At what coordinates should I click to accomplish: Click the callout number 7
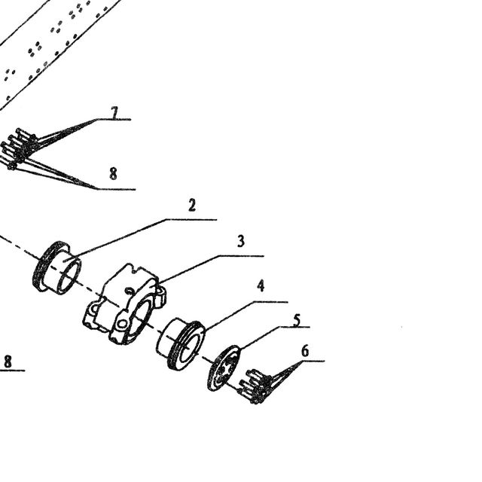coord(114,112)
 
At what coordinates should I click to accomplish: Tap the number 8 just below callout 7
coord(113,173)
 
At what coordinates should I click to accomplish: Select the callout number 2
coord(192,205)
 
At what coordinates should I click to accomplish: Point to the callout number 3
coord(241,241)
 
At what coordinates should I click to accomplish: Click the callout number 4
coord(261,285)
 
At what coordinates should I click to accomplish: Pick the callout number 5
coord(297,320)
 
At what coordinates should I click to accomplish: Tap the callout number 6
coord(305,351)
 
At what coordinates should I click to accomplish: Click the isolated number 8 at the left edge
coord(8,361)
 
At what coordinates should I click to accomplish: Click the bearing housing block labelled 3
coord(124,304)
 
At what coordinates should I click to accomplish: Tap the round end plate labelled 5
coord(224,368)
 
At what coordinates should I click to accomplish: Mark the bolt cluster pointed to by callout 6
coord(255,386)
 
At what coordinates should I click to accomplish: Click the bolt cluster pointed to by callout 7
coord(18,148)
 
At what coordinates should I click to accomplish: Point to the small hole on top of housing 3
coord(130,291)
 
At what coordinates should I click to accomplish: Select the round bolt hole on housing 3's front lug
coord(122,324)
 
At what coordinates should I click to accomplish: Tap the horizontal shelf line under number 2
coord(191,220)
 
